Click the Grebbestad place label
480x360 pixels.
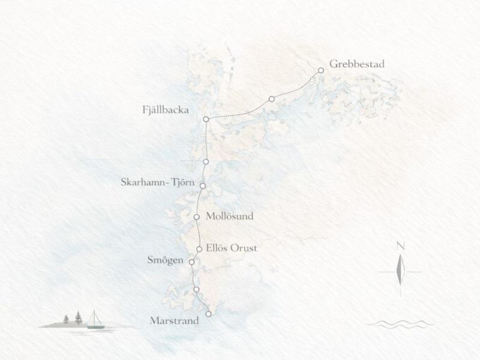pyautogui.click(x=356, y=64)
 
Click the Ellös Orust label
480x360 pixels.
pyautogui.click(x=230, y=247)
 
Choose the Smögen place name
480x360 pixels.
pyautogui.click(x=166, y=260)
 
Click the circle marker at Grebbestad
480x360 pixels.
pyautogui.click(x=321, y=70)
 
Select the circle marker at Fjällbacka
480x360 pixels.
pyautogui.click(x=206, y=119)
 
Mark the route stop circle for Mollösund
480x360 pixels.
pyautogui.click(x=197, y=217)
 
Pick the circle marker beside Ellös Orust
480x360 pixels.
pyautogui.click(x=199, y=249)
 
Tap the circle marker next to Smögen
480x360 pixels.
pyautogui.click(x=191, y=262)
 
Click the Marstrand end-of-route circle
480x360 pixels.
pyautogui.click(x=208, y=314)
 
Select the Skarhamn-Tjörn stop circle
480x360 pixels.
pyautogui.click(x=203, y=186)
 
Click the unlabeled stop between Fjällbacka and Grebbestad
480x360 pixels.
pyautogui.click(x=272, y=98)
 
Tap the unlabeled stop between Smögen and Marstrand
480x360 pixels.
pyautogui.click(x=196, y=290)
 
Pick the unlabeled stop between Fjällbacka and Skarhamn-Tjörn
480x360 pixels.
pyautogui.click(x=206, y=162)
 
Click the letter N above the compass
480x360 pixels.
pyautogui.click(x=400, y=245)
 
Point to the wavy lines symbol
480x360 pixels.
pyautogui.click(x=400, y=324)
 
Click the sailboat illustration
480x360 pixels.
pyautogui.click(x=94, y=320)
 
